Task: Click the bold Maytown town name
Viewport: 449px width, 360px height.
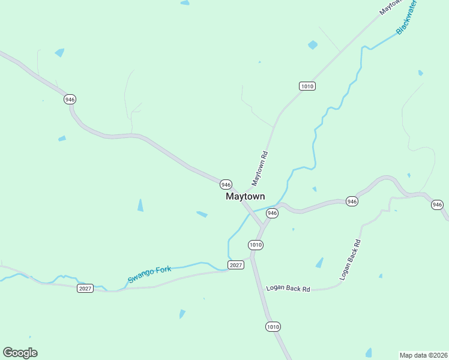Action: (x=245, y=196)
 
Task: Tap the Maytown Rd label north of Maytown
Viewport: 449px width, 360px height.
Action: (x=259, y=167)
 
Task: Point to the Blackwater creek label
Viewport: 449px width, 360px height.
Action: (x=406, y=17)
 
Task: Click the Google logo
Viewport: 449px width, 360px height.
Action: (x=20, y=353)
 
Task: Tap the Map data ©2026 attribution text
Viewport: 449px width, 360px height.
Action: (x=423, y=355)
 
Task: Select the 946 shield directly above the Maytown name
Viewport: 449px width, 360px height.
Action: (x=225, y=184)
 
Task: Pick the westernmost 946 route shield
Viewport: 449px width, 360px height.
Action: (x=70, y=99)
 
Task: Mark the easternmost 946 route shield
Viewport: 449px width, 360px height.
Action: (x=437, y=205)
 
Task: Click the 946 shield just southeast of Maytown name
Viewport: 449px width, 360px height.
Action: (x=272, y=213)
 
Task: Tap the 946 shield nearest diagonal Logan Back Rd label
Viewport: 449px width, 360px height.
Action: (x=352, y=202)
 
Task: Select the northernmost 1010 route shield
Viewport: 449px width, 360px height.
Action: (x=307, y=86)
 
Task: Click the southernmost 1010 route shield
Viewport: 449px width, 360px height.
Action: (x=273, y=326)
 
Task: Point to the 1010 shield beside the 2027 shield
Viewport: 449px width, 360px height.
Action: (x=256, y=245)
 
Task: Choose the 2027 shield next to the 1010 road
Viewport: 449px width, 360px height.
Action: (x=236, y=265)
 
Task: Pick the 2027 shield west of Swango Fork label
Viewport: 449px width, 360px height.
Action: (x=85, y=289)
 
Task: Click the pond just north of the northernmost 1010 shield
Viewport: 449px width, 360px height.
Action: (x=312, y=45)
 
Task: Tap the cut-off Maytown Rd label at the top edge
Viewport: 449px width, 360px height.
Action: (x=390, y=7)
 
